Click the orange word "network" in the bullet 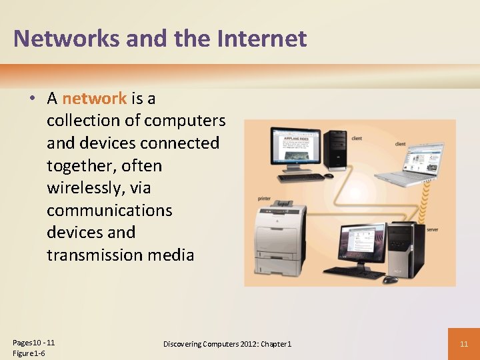coord(94,99)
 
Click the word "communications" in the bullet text coord(109,210)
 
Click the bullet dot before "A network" coord(31,99)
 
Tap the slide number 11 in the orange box coord(464,344)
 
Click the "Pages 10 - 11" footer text coord(33,343)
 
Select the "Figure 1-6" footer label coord(29,353)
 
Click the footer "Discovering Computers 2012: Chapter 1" coord(227,344)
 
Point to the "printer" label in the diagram coord(265,199)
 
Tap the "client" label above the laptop coord(401,143)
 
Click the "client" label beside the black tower coord(357,138)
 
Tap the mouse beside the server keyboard coord(390,279)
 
